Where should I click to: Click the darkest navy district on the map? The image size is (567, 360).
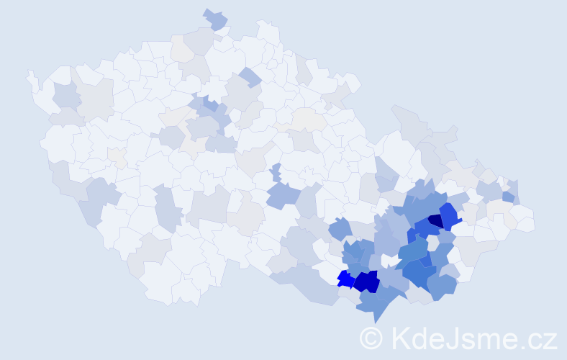pos(435,221)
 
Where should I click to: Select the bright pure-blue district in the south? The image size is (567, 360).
pos(344,278)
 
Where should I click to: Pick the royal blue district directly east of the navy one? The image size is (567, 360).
pos(450,215)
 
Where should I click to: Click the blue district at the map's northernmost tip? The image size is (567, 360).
pos(215,19)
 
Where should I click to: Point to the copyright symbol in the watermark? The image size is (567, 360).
pos(371,338)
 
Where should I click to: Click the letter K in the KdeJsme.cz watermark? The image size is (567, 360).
pos(401,338)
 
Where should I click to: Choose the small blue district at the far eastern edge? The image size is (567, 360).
pos(509,196)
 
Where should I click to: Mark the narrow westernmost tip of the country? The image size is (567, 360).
pos(30,74)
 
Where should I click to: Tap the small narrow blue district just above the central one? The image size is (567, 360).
pos(276,172)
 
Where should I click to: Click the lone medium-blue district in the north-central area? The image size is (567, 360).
pos(250,76)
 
